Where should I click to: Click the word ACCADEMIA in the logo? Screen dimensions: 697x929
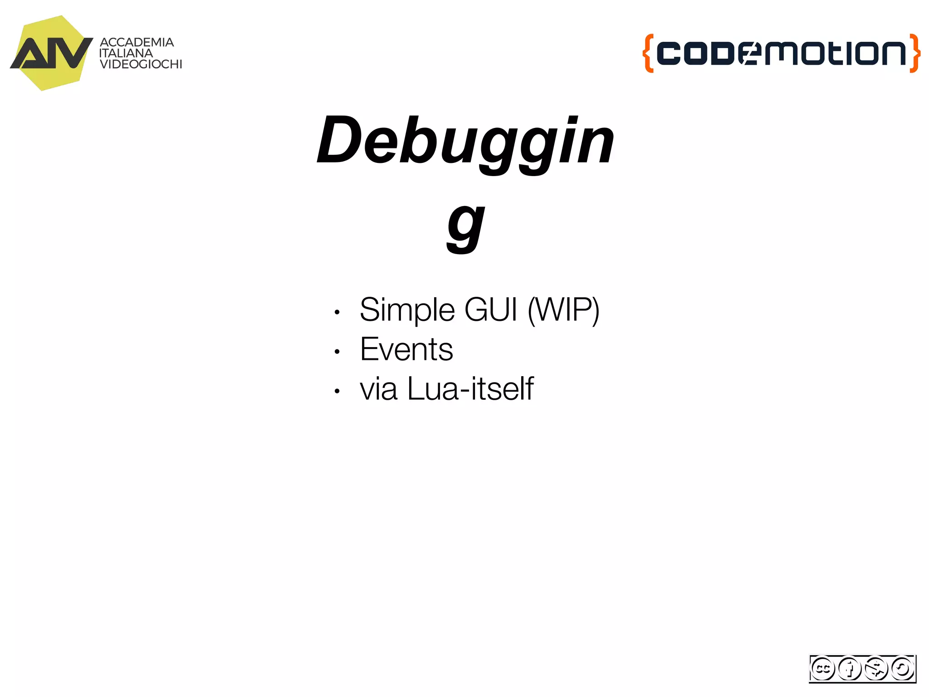pyautogui.click(x=137, y=42)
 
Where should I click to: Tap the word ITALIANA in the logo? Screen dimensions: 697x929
pyautogui.click(x=126, y=53)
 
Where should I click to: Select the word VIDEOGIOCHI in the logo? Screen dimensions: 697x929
pyautogui.click(x=141, y=64)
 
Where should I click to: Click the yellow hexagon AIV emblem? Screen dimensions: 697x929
pyautogui.click(x=51, y=53)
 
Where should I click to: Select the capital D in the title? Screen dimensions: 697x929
pyautogui.click(x=338, y=141)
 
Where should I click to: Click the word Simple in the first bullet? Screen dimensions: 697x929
pyautogui.click(x=407, y=310)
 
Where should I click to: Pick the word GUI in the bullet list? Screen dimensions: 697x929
pyautogui.click(x=491, y=310)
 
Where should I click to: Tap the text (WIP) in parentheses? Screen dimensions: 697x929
pyautogui.click(x=563, y=310)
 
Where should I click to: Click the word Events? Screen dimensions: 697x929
pyautogui.click(x=406, y=349)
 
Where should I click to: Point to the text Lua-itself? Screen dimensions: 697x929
pyautogui.click(x=470, y=389)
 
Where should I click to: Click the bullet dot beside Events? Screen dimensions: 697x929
pyautogui.click(x=337, y=352)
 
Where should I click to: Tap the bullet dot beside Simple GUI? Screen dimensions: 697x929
pyautogui.click(x=337, y=312)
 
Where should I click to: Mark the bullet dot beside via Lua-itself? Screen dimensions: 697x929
pyautogui.click(x=337, y=391)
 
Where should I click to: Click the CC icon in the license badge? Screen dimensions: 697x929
pyautogui.click(x=822, y=668)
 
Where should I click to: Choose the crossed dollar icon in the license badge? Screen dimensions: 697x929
pyautogui.click(x=876, y=668)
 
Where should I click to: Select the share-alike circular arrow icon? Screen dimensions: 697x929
pyautogui.click(x=902, y=668)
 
